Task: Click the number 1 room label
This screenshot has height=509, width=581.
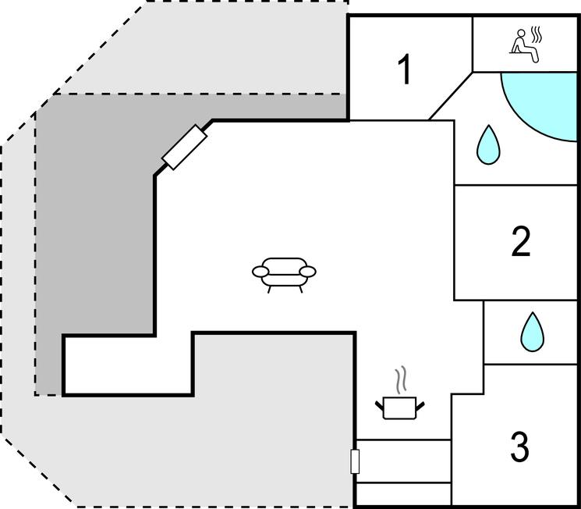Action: pos(404,70)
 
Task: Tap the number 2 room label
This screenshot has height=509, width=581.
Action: pos(521,242)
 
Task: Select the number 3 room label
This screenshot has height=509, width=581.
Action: pos(519,447)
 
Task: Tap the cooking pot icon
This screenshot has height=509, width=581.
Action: pos(402,407)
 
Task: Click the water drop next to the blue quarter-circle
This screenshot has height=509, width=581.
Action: pos(488,144)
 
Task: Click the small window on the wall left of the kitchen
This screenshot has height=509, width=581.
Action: pos(355,461)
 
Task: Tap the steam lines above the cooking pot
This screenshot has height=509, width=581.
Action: pos(402,381)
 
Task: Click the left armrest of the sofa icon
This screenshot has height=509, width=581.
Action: pos(261,272)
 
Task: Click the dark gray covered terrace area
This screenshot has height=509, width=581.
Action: pos(94,234)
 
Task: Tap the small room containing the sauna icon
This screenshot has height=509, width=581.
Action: pos(525,44)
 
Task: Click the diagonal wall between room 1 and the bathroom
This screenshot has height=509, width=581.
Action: pos(451,95)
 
